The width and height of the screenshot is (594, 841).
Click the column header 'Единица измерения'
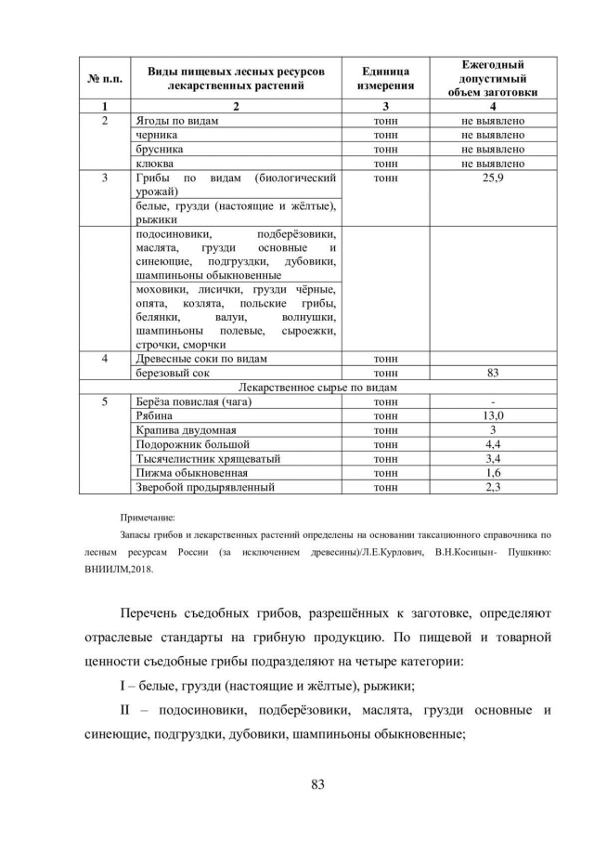[x=384, y=79]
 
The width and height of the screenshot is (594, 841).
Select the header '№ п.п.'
[x=105, y=79]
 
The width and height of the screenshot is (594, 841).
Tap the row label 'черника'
[x=151, y=135]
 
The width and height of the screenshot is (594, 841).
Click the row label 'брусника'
[x=157, y=149]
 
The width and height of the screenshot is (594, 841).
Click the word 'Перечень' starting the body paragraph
[x=160, y=613]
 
